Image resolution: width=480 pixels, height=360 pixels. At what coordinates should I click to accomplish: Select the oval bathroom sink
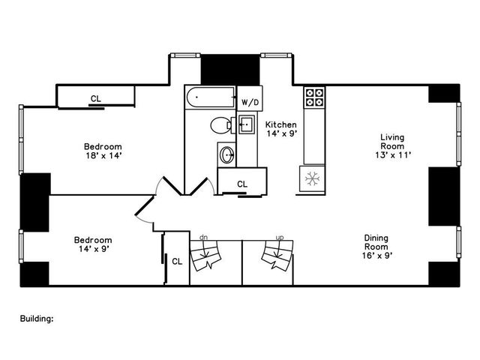[x=227, y=155]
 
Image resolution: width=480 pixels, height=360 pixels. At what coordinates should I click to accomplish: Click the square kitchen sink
[x=246, y=124]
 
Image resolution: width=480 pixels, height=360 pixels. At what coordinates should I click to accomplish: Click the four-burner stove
[x=314, y=97]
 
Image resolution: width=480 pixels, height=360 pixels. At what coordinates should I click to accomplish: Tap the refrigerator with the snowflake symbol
[x=313, y=178]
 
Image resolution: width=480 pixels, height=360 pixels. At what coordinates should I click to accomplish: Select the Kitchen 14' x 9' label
[x=281, y=129]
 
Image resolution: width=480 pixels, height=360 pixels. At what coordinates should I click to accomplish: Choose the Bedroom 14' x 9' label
[x=93, y=244]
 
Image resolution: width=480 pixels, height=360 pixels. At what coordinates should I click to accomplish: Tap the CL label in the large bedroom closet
[x=95, y=98]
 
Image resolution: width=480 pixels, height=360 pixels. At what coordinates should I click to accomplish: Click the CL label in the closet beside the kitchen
[x=241, y=184]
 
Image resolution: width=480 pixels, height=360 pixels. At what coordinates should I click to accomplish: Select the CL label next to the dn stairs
[x=177, y=262]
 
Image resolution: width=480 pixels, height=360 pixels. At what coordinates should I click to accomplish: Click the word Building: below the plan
[x=37, y=318]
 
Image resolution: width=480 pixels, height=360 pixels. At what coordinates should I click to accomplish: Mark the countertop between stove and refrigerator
[x=313, y=135]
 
